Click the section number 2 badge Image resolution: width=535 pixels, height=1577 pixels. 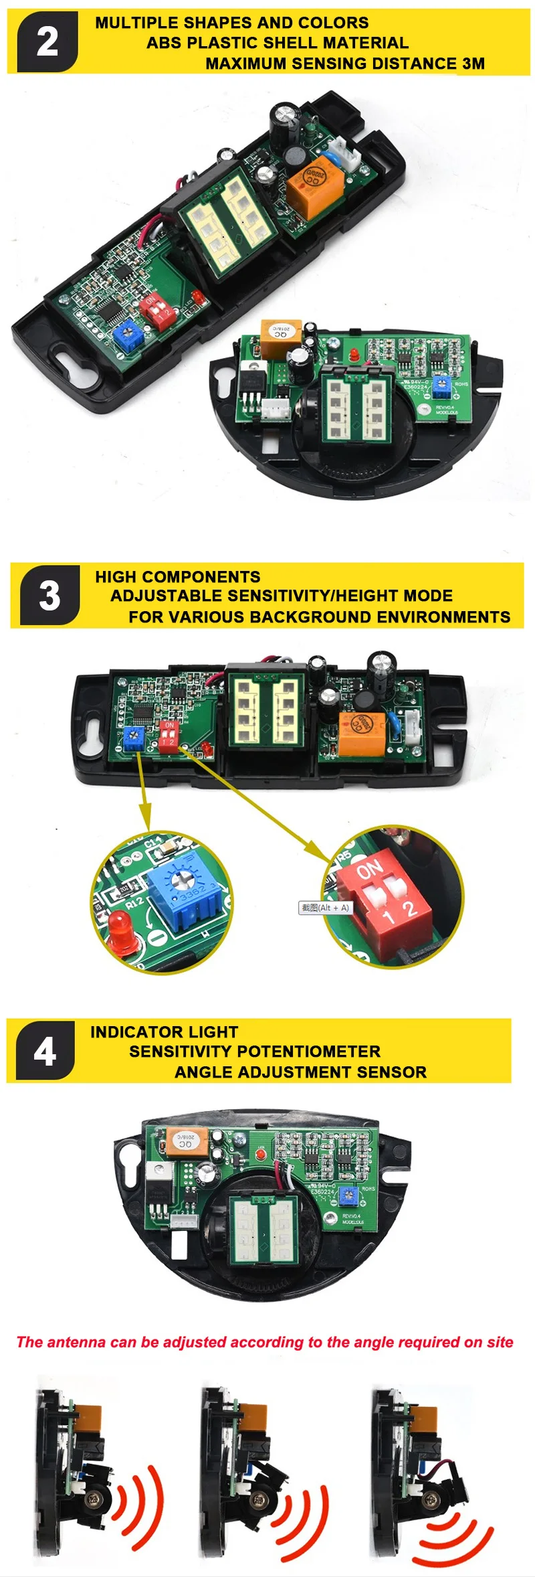point(47,41)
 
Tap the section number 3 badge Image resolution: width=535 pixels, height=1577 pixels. point(49,595)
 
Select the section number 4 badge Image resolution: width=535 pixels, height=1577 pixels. point(45,1051)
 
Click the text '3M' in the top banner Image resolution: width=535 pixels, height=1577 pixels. point(473,64)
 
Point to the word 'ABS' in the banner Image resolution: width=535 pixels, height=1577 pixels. point(164,43)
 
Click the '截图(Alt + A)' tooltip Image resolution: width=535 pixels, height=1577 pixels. point(325,908)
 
